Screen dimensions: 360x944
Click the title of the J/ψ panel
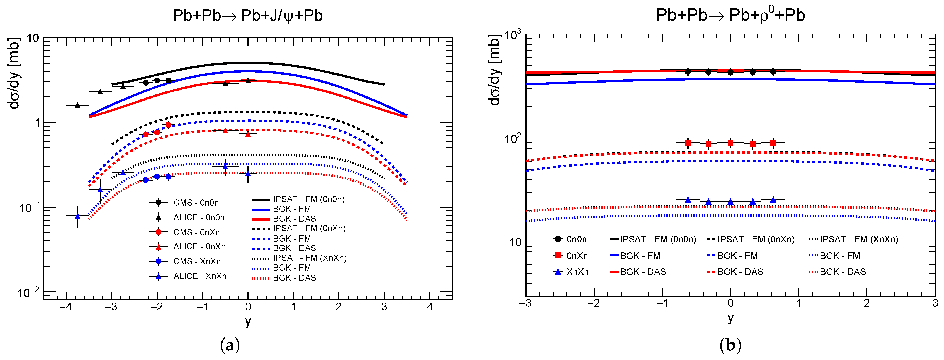point(248,16)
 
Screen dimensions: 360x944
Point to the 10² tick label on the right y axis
point(512,139)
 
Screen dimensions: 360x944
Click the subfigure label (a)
point(230,345)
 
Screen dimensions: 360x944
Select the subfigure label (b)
point(730,345)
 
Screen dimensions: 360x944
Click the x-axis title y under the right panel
point(730,318)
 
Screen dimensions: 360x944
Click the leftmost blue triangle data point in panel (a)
point(77,216)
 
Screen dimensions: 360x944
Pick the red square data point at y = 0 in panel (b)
point(730,143)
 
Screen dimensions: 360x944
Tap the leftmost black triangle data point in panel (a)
point(77,105)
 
